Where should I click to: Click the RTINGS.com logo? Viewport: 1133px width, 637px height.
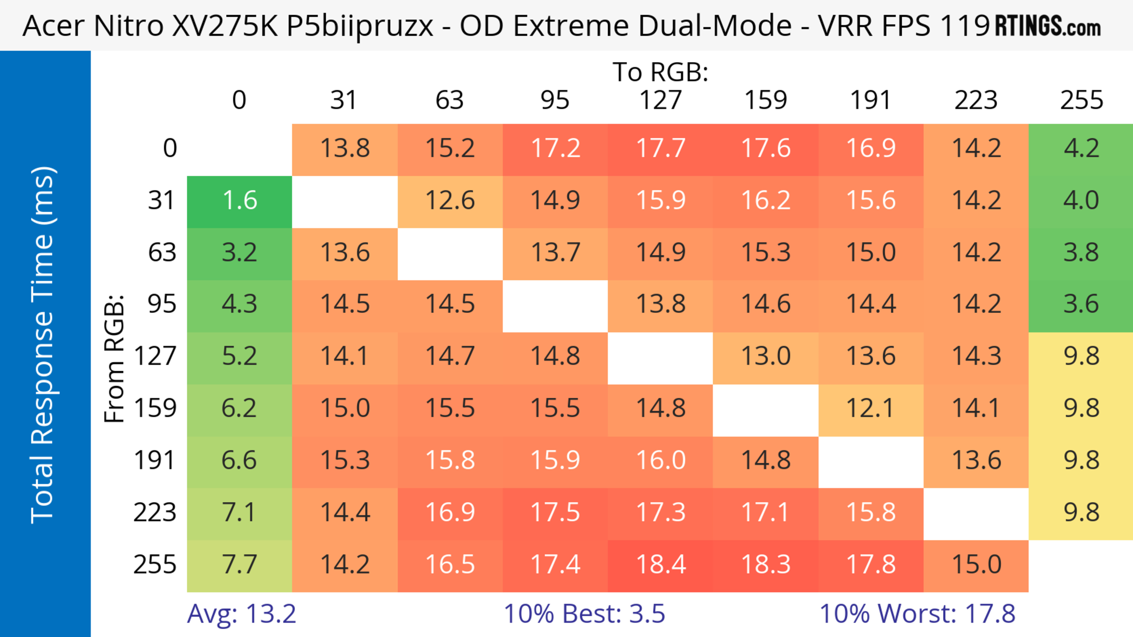1048,26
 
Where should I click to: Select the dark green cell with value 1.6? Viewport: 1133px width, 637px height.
239,201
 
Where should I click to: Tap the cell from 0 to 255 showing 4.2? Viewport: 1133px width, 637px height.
1081,149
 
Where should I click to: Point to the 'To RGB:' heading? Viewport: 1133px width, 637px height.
660,72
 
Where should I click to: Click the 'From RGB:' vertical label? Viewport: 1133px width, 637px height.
114,358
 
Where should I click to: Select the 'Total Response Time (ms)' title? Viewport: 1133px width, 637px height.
43,345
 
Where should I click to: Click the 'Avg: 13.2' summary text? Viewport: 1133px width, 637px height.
241,614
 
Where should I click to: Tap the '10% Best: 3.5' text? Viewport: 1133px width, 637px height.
584,614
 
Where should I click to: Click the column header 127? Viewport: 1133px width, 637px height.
660,100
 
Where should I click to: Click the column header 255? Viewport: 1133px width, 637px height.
1081,100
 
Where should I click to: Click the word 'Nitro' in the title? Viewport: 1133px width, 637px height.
128,26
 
